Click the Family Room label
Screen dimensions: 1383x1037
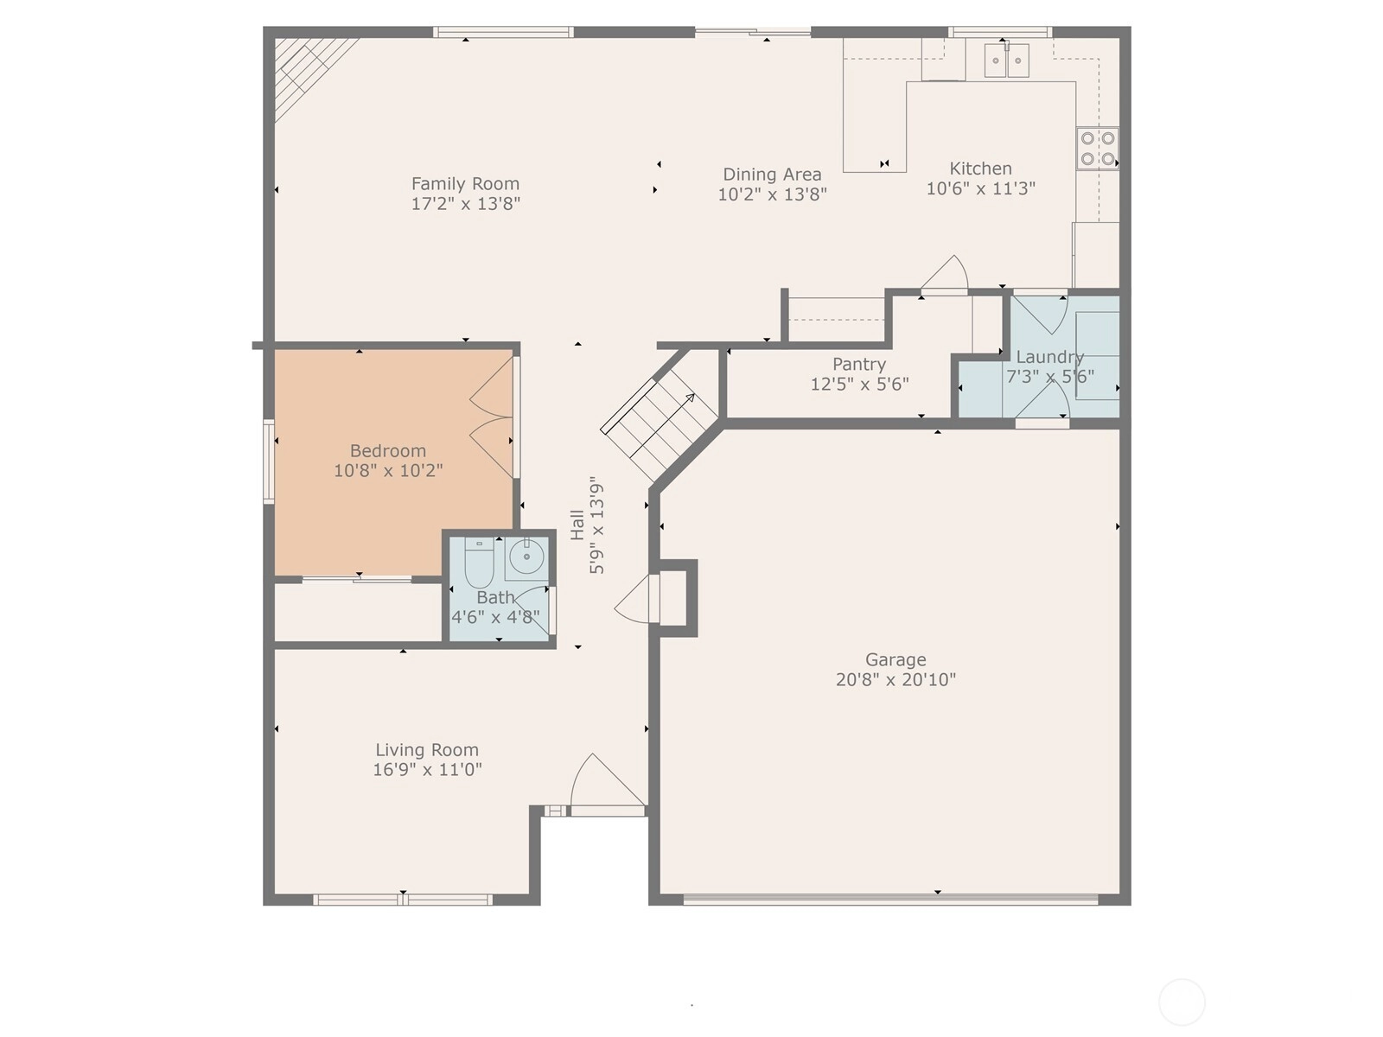[x=465, y=184]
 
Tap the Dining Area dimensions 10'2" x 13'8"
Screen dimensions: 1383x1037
[x=772, y=194]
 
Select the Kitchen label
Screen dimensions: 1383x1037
[x=980, y=169]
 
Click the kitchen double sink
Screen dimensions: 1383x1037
[x=1007, y=60]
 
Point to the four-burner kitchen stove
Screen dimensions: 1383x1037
[x=1097, y=149]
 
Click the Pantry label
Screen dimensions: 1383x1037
[x=859, y=365]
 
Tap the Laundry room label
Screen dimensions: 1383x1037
[x=1049, y=358]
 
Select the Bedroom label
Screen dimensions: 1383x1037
[x=387, y=451]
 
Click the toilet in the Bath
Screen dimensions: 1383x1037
[x=479, y=563]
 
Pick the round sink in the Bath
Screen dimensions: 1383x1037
[x=526, y=557]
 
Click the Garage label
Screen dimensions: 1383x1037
[x=895, y=660]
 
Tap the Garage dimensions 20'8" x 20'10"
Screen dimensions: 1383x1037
[x=895, y=680]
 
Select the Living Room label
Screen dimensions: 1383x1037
[x=426, y=750]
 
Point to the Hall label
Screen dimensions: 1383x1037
[x=577, y=525]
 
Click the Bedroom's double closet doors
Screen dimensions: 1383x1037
[x=493, y=417]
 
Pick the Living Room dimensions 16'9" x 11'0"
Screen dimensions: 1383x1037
[x=426, y=770]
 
